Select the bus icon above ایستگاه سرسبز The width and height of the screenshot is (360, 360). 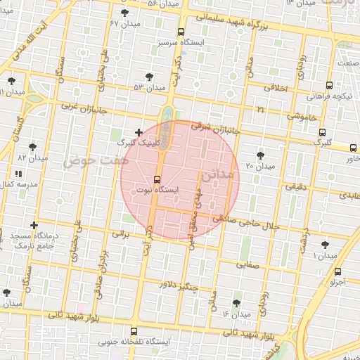(x=181, y=32)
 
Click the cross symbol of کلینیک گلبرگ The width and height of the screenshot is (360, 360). (x=139, y=132)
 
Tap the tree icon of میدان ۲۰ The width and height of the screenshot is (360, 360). (x=261, y=155)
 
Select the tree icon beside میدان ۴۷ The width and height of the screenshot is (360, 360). (x=124, y=13)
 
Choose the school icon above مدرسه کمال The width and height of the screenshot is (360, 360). (x=18, y=172)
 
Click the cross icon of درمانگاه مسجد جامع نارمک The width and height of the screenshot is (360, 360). (x=34, y=225)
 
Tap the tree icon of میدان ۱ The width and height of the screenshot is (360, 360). (x=324, y=245)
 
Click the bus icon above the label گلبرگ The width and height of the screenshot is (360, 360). (x=322, y=131)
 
